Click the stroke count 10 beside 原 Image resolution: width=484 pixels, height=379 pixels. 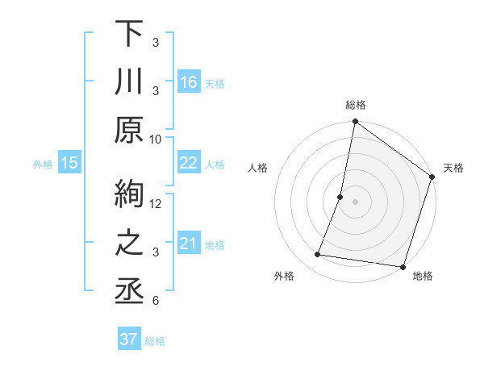point(156,139)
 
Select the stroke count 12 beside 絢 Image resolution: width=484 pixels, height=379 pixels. point(156,203)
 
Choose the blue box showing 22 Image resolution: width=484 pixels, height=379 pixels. point(189,163)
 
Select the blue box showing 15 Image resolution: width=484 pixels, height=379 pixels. point(69,163)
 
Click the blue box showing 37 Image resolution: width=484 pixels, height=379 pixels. point(129,339)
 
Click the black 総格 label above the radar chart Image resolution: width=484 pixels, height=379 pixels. point(356,105)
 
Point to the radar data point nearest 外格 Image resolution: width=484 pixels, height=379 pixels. point(318,255)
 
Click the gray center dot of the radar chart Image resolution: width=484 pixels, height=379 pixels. point(355,202)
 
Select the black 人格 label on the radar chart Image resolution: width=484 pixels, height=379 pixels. point(258,169)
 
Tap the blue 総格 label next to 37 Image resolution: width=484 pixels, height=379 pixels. point(155,341)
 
